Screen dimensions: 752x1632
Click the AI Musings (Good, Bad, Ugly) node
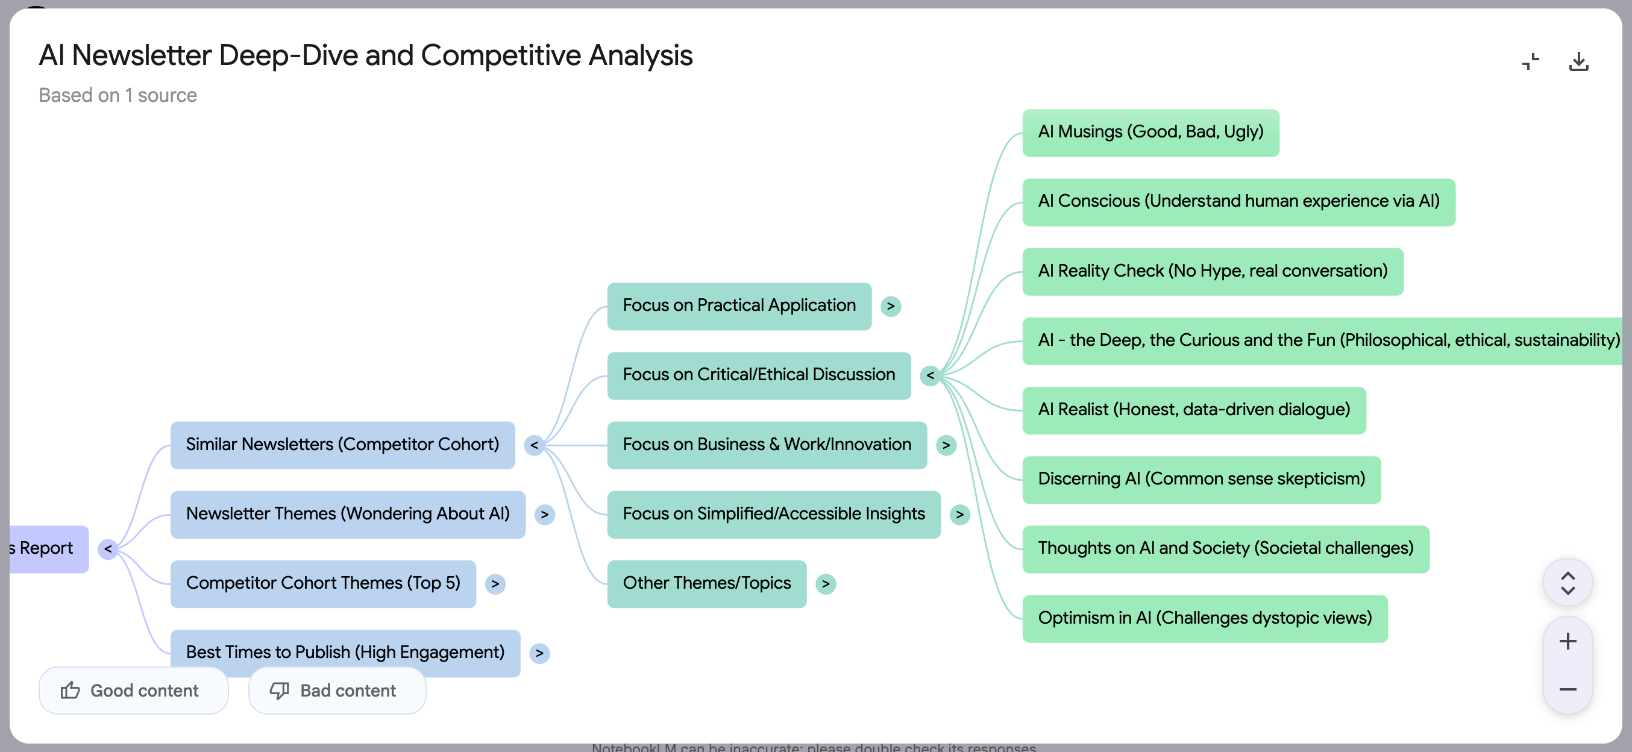pyautogui.click(x=1150, y=133)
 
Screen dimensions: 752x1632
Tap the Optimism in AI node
pyautogui.click(x=1204, y=618)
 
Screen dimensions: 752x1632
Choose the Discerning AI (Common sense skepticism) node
pyautogui.click(x=1200, y=480)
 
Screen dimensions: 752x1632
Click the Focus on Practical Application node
pyautogui.click(x=739, y=306)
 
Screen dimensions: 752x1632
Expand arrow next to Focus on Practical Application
pyautogui.click(x=890, y=307)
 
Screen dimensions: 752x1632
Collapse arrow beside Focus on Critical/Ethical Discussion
pyautogui.click(x=929, y=375)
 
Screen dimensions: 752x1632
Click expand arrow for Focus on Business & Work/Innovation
pyautogui.click(x=945, y=445)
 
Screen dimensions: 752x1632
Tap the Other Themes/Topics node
pyautogui.click(x=706, y=583)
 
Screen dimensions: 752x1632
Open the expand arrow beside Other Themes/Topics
pyautogui.click(x=825, y=584)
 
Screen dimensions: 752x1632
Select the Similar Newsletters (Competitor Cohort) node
pyautogui.click(x=342, y=445)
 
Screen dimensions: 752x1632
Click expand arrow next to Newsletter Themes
pyautogui.click(x=544, y=515)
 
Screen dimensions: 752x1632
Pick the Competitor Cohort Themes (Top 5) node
pyautogui.click(x=322, y=583)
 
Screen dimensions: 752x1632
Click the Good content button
pyautogui.click(x=133, y=690)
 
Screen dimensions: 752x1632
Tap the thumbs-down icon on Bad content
pyautogui.click(x=279, y=690)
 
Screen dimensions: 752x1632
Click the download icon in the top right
pyautogui.click(x=1578, y=61)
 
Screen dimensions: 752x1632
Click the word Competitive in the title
pyautogui.click(x=500, y=56)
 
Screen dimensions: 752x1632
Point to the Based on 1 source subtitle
pyautogui.click(x=118, y=95)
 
